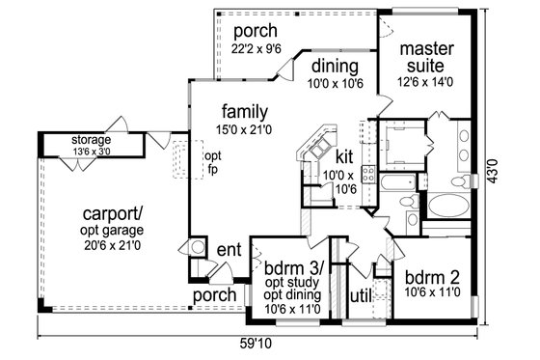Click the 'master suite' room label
click(421, 56)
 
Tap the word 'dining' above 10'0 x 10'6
click(335, 67)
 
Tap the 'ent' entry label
click(229, 248)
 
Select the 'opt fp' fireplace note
click(213, 161)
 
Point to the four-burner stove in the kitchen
click(367, 174)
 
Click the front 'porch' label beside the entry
click(214, 293)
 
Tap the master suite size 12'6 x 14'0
click(421, 84)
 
